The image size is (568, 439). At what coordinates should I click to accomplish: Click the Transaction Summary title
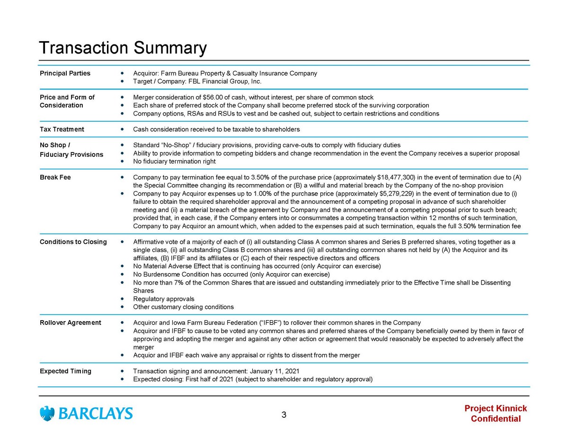123,48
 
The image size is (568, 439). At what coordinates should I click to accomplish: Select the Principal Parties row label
65,73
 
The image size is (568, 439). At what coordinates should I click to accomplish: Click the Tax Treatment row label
62,129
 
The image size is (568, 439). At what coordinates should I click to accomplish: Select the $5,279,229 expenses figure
397,193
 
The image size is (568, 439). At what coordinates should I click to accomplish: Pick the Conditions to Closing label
73,242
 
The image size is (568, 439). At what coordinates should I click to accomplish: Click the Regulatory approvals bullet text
164,299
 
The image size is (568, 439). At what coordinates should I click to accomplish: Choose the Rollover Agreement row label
71,323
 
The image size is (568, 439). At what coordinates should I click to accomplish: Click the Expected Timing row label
65,371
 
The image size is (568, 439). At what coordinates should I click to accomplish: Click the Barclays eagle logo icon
47,413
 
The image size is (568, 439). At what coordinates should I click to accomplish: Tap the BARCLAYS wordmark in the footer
96,414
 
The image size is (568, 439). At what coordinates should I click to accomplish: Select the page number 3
284,415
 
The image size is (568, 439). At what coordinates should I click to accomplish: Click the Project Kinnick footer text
496,408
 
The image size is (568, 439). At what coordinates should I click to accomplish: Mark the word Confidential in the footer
496,419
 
